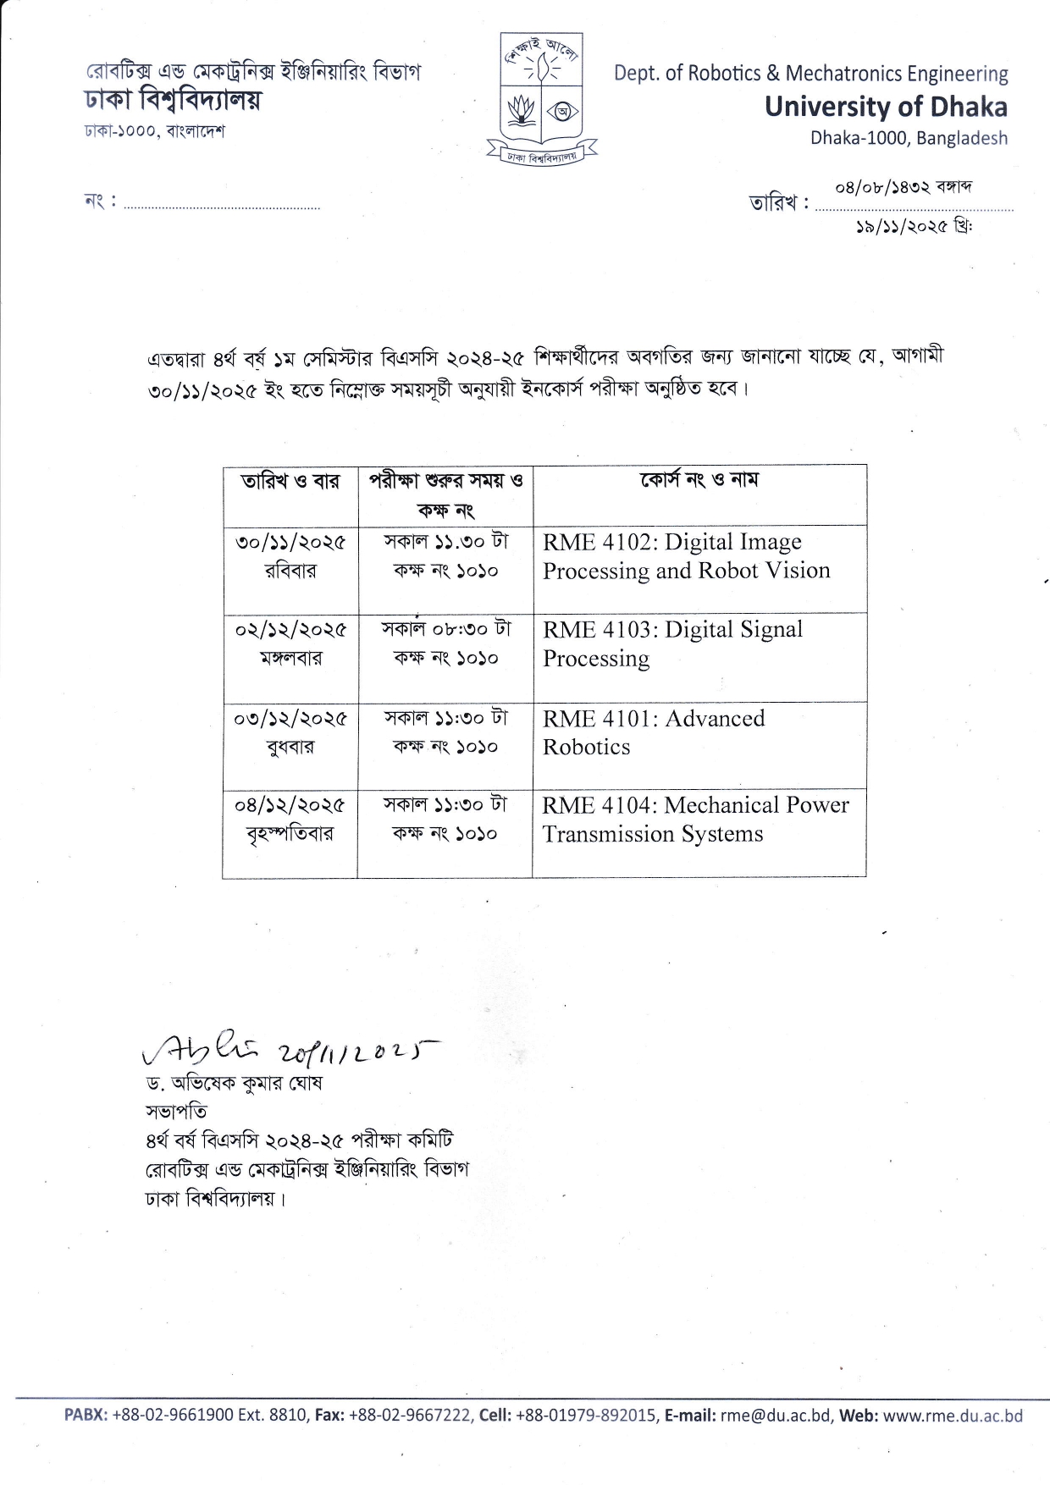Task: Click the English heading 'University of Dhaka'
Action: coord(886,107)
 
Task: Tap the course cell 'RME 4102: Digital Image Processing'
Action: coord(686,556)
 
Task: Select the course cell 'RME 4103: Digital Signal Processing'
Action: coord(672,643)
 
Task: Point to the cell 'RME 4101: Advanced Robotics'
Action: coord(653,732)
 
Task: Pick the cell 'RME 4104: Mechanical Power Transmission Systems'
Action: coord(695,819)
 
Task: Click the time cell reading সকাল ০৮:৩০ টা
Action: coord(446,629)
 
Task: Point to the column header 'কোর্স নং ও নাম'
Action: coord(699,481)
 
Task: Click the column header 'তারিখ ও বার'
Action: coord(290,482)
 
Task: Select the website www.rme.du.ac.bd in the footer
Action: coord(953,1416)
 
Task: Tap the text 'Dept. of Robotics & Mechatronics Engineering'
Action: coord(810,74)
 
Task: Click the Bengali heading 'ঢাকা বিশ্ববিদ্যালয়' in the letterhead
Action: coord(172,100)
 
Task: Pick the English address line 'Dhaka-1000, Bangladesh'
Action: coord(909,137)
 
